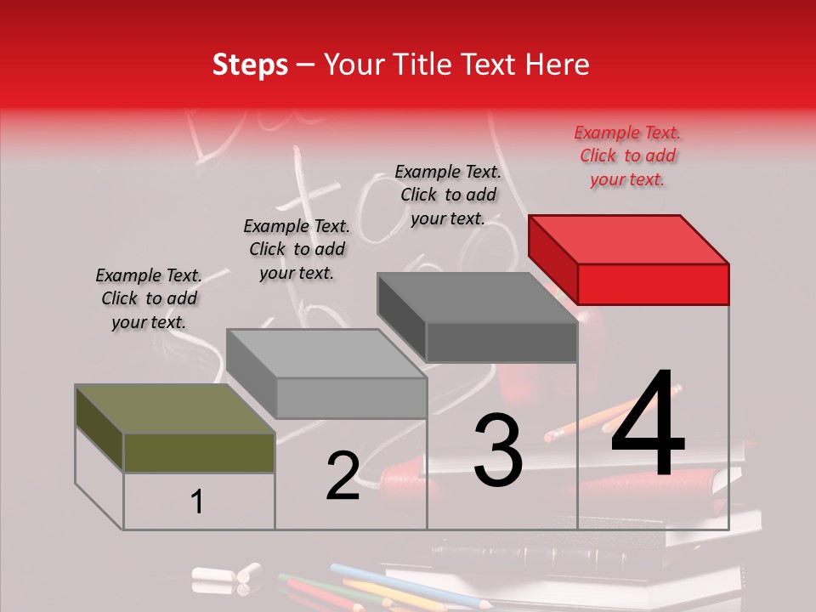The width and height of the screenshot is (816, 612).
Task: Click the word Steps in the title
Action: point(250,65)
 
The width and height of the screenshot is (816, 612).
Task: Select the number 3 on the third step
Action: point(497,450)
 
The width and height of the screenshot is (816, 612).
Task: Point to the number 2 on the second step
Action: point(343,475)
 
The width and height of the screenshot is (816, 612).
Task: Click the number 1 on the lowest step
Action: point(197,502)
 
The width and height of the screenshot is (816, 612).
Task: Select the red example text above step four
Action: point(627,156)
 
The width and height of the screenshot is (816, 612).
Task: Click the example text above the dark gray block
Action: point(448,195)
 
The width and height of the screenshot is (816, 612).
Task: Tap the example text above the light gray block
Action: point(297,249)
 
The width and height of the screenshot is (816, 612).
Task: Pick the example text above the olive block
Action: point(149,298)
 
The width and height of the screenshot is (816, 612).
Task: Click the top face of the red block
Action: point(629,239)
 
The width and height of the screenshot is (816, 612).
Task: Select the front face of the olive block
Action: point(199,452)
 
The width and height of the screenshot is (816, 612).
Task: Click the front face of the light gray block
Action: point(351,398)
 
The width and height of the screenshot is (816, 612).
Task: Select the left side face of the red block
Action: point(552,258)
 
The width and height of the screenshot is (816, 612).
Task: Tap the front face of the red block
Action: point(653,284)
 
